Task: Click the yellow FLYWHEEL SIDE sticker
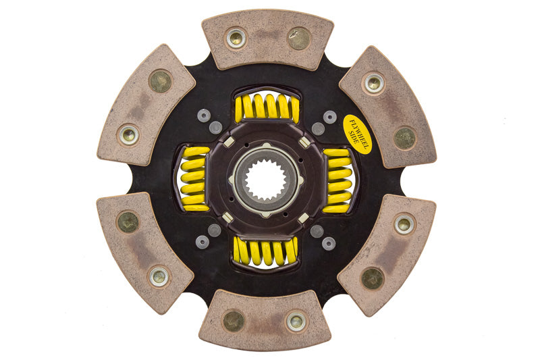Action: point(357,134)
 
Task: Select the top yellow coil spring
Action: point(267,107)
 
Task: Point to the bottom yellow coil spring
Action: point(265,251)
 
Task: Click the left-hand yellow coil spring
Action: point(195,179)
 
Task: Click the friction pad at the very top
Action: point(267,39)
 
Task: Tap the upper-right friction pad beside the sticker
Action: point(387,107)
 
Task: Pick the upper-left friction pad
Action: point(146,105)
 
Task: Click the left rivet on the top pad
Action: point(236,38)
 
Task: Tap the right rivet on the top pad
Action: point(298,38)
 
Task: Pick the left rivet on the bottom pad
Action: point(234,320)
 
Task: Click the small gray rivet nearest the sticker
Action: point(329,117)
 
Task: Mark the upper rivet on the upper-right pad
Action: point(373,83)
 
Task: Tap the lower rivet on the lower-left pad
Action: point(159,276)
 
